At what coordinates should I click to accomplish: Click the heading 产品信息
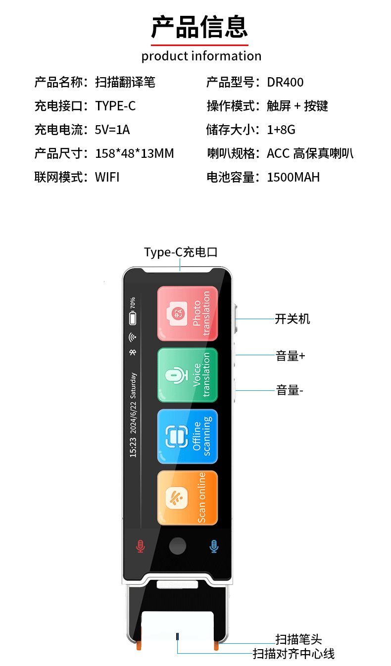(199, 27)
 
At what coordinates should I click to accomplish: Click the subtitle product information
(201, 56)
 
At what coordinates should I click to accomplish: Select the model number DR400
(285, 82)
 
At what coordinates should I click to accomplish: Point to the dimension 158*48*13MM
(135, 153)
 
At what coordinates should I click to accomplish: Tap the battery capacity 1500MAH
(293, 177)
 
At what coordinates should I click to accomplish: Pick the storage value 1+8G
(281, 130)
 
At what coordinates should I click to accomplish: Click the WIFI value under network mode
(107, 177)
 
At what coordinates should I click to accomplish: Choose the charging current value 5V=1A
(112, 130)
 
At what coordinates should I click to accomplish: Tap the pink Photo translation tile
(188, 314)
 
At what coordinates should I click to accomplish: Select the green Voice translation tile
(188, 375)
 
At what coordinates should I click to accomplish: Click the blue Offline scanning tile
(188, 436)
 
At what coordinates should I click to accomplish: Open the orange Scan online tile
(188, 498)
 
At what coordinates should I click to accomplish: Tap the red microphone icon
(141, 546)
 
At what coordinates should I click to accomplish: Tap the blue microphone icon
(214, 546)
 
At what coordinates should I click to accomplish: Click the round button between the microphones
(178, 546)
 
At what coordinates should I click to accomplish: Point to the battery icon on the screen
(133, 319)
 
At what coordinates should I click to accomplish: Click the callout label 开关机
(293, 319)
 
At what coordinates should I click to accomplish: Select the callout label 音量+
(291, 356)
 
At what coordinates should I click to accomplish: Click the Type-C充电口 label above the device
(181, 252)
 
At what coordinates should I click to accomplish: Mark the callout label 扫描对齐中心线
(293, 654)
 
